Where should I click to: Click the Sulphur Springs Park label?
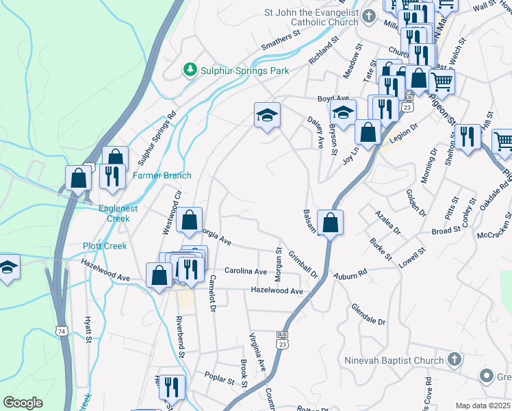pyautogui.click(x=244, y=71)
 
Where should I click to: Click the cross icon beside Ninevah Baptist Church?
pyautogui.click(x=453, y=360)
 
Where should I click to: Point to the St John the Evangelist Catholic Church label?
pyautogui.click(x=311, y=17)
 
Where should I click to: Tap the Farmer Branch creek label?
pyautogui.click(x=162, y=175)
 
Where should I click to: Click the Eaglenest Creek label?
pyautogui.click(x=118, y=213)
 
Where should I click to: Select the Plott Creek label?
pyautogui.click(x=101, y=246)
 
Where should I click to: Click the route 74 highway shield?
pyautogui.click(x=62, y=332)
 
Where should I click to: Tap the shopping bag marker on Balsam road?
pyautogui.click(x=330, y=223)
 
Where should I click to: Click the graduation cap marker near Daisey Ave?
pyautogui.click(x=267, y=115)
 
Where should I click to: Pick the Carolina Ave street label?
pyautogui.click(x=246, y=271)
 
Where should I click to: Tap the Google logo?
pyautogui.click(x=23, y=403)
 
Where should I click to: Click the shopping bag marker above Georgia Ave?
pyautogui.click(x=190, y=221)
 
